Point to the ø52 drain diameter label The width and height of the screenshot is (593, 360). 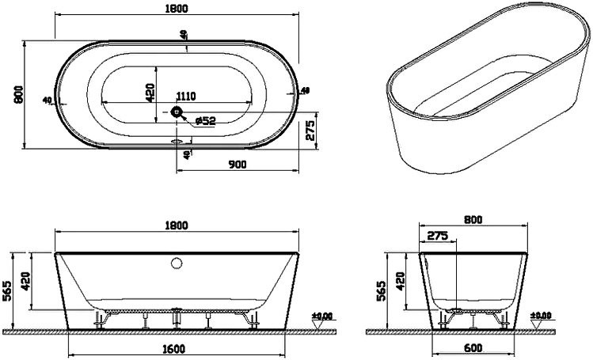pos(205,121)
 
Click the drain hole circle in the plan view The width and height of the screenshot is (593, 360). pos(177,113)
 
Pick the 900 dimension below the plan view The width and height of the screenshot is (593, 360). pos(237,164)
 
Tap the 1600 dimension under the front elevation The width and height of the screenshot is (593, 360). pos(175,348)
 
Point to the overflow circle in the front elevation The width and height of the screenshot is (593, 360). pos(176,262)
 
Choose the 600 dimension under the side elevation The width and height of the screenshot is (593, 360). pos(473,348)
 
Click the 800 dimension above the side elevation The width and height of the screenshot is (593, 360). pos(473,219)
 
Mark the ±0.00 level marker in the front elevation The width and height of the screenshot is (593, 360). pos(321,316)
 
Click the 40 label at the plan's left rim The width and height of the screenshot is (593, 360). pos(48,100)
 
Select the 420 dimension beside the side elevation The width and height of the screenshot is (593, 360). pos(400,279)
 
